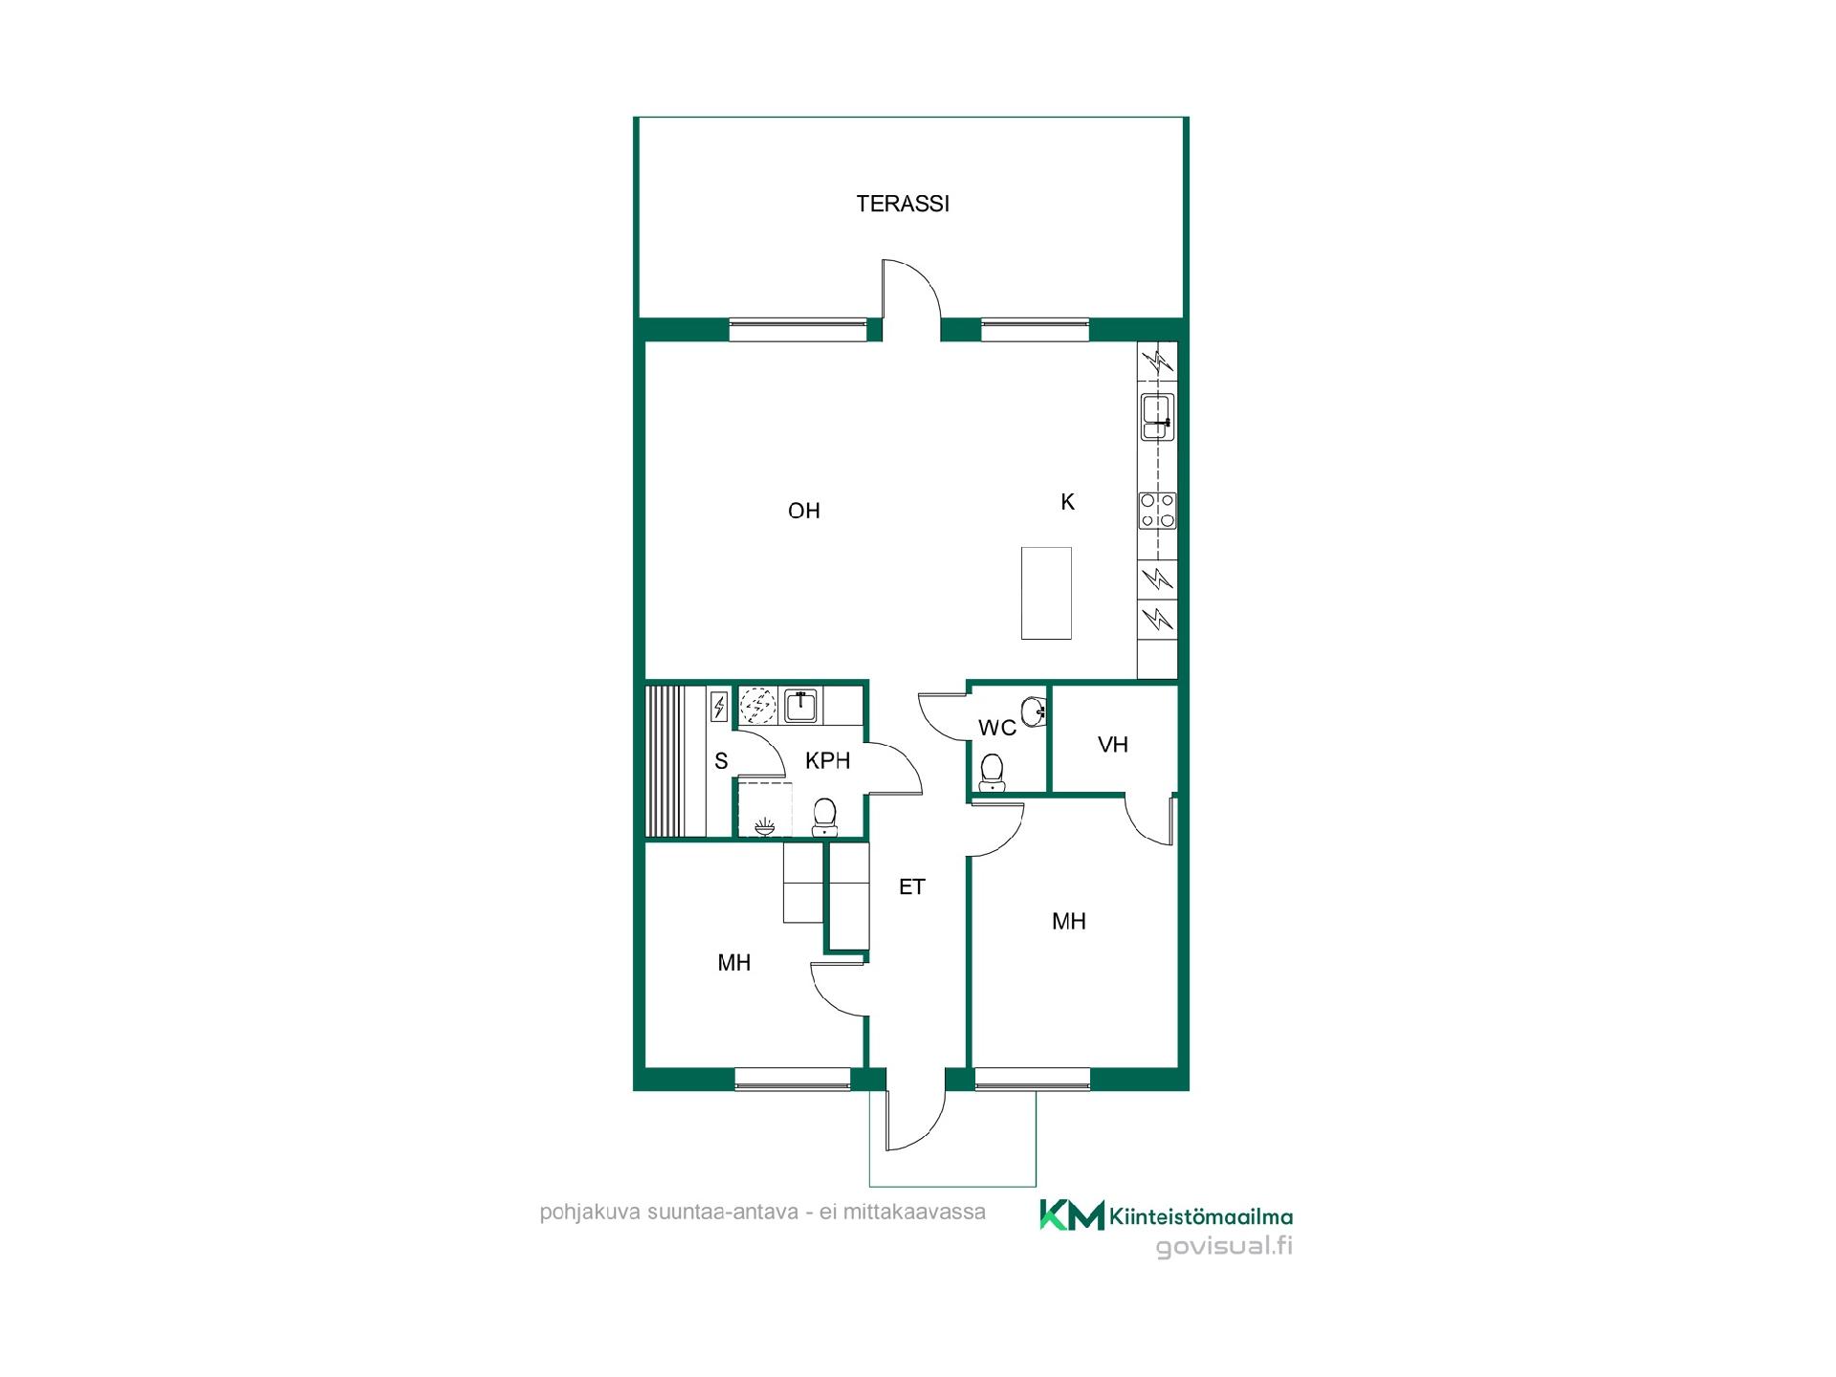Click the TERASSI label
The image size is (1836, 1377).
pos(903,204)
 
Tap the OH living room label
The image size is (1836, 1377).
pos(804,511)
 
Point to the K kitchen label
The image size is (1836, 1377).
pos(1068,501)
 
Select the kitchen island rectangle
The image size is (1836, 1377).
pos(1046,592)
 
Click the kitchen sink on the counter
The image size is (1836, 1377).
pos(1158,417)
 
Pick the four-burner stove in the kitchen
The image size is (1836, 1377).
pos(1158,511)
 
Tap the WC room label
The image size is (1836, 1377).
pos(997,729)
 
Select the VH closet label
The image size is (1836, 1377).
pos(1113,744)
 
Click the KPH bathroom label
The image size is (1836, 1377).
pos(828,761)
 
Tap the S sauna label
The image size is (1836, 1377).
pos(721,761)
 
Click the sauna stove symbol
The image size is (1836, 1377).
pos(719,707)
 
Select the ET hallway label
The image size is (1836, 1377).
pos(912,887)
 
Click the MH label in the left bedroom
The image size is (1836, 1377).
pos(734,963)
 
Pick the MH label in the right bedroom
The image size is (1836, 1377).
pos(1069,921)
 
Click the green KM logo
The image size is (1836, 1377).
pos(1072,1214)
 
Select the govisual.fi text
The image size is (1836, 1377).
pos(1224,1246)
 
